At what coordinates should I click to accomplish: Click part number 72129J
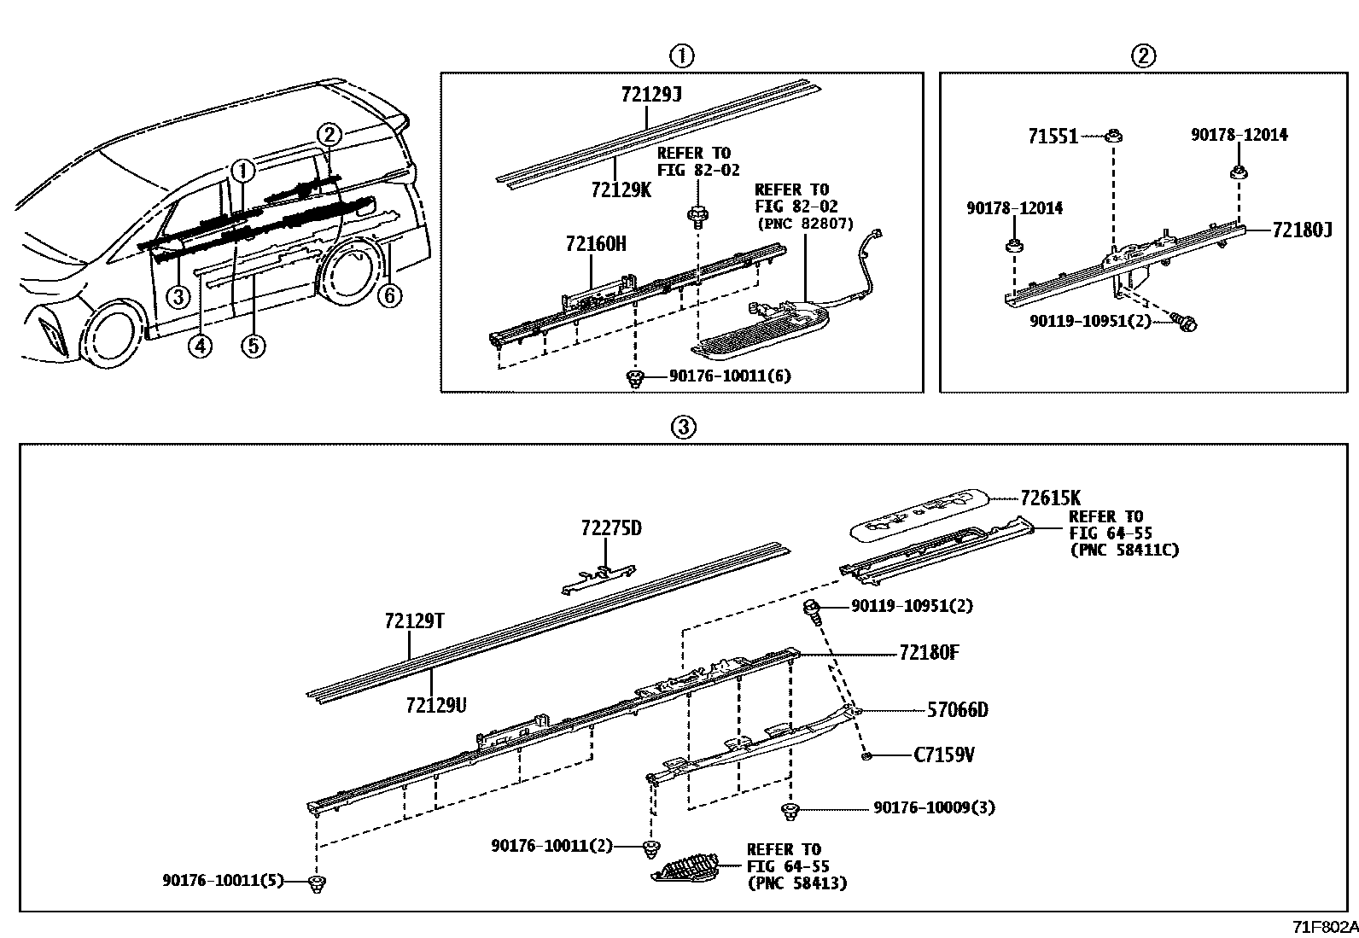point(650,95)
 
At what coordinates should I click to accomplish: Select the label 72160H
point(595,245)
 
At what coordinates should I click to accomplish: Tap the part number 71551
point(1053,137)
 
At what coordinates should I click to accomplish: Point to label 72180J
point(1302,230)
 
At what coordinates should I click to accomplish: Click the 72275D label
point(611,529)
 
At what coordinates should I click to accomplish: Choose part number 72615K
point(1051,498)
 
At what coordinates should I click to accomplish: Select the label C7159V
point(944,755)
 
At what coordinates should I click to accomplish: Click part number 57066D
point(957,710)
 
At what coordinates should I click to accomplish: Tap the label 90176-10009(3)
point(934,807)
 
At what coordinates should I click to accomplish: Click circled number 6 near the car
point(389,296)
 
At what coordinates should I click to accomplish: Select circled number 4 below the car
point(200,346)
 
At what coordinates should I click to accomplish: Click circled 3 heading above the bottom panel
point(684,427)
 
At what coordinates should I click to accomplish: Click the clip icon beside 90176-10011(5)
point(318,883)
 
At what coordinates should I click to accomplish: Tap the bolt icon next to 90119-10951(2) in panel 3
point(812,609)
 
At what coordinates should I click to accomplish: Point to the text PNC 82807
point(805,223)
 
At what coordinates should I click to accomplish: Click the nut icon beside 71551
point(1113,136)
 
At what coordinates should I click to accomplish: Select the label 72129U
point(436,705)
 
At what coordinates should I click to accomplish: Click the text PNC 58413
point(796,883)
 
